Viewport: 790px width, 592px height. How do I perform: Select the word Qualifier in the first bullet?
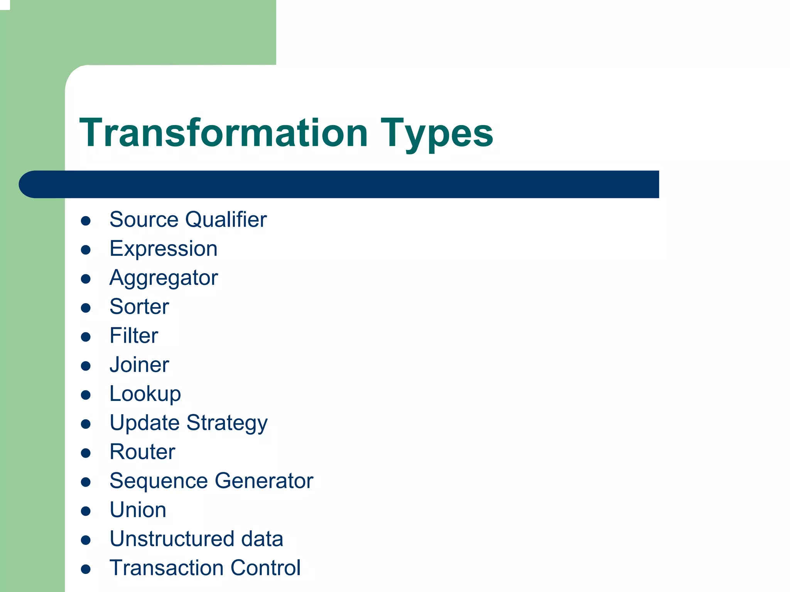[226, 220]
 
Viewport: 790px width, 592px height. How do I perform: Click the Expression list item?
[164, 249]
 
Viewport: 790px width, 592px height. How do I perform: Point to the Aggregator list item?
[164, 278]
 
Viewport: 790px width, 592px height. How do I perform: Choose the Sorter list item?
[139, 307]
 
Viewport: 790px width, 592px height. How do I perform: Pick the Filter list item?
[134, 335]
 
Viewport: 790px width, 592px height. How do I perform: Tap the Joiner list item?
[139, 365]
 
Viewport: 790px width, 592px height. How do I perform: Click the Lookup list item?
[145, 394]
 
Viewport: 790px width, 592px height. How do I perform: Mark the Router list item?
[142, 452]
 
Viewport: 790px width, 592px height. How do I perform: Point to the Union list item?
[138, 510]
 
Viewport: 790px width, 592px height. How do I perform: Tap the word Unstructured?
[172, 539]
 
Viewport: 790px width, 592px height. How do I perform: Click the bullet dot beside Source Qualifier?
[86, 221]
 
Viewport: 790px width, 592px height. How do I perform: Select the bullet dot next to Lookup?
[86, 395]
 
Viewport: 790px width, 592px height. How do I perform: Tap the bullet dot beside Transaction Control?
[86, 569]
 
